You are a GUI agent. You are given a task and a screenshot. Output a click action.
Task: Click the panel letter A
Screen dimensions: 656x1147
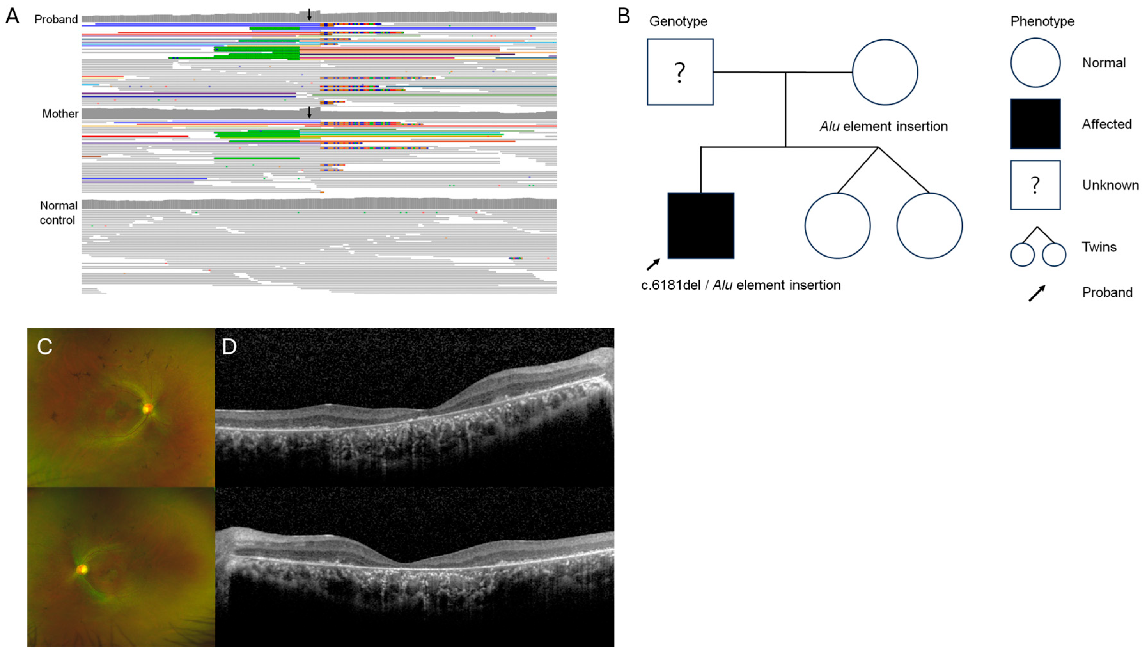point(12,16)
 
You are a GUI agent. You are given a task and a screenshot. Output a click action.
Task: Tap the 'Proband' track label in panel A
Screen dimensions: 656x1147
point(56,20)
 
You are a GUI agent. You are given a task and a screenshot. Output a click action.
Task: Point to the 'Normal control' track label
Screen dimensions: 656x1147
point(58,213)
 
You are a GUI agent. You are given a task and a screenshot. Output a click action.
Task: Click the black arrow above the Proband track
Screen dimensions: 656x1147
point(309,14)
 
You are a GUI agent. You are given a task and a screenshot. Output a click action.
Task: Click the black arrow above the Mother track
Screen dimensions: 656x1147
point(309,112)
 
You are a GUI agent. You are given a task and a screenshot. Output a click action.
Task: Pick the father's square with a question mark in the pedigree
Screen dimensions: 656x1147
point(680,72)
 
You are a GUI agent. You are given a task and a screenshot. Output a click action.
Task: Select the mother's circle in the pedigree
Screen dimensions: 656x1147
point(885,72)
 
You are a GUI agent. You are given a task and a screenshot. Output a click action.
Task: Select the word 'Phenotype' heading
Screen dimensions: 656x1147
point(1042,21)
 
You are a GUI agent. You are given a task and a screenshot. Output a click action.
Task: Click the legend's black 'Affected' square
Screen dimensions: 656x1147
point(1035,124)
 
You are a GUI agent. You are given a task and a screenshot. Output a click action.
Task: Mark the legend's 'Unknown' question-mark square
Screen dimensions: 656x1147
point(1035,185)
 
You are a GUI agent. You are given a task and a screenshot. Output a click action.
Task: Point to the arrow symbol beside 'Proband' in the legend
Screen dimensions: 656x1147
point(1037,293)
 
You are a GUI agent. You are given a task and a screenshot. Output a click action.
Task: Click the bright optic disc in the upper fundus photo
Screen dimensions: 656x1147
point(148,409)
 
